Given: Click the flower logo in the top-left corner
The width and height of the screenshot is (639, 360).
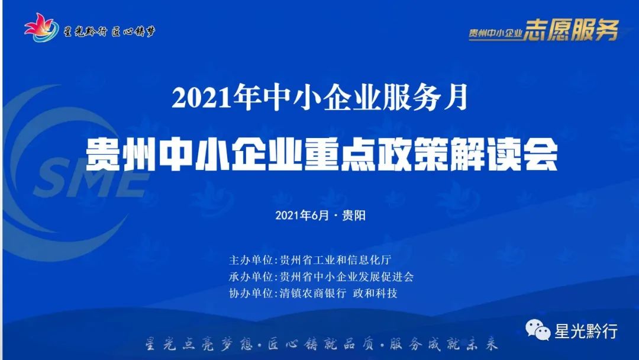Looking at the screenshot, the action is coord(41,28).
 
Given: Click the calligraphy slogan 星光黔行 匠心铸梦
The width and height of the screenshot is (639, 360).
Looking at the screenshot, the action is coord(110,31).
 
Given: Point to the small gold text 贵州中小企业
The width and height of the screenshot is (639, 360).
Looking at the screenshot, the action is coord(496,33).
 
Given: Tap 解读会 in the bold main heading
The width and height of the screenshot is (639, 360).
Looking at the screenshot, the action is coord(504,155).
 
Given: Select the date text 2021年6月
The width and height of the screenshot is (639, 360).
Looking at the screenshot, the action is coord(302,216).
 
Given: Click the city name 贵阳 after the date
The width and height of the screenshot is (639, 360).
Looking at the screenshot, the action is coord(354,216).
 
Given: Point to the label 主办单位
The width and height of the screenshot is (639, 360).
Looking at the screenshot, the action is coord(251,260).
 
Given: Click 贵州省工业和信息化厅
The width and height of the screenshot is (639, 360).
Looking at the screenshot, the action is coord(335,260).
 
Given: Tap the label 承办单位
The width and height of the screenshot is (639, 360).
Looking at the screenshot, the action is coord(251,277).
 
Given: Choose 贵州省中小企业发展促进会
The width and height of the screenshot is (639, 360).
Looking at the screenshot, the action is coord(347,277).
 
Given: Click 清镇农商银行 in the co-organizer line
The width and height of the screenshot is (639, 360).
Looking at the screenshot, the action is coord(313,293).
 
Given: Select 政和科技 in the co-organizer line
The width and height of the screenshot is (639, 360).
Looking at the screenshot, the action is coord(375,293).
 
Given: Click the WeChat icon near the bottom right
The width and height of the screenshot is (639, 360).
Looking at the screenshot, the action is coord(538,330).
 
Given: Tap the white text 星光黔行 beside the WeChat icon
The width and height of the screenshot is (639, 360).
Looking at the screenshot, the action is coord(586,331).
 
